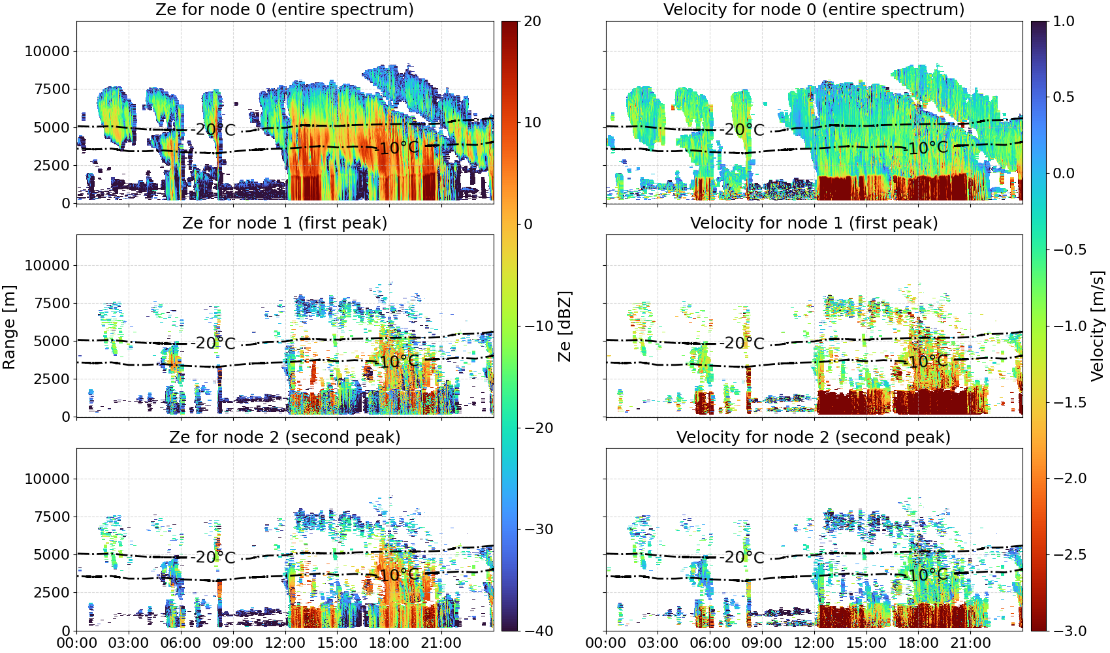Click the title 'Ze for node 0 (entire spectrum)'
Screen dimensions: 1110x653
285,9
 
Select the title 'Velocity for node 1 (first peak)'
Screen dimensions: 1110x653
814,223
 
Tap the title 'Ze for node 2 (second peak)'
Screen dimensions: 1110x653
285,437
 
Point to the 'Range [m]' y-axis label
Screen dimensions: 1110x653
9,327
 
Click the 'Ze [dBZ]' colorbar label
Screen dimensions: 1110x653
565,326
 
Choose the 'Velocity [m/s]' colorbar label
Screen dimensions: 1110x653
1098,326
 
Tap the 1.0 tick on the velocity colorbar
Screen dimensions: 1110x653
1064,22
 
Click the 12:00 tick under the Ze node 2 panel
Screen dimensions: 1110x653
285,643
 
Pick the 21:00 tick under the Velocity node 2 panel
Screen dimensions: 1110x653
970,643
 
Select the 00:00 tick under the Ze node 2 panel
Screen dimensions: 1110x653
77,643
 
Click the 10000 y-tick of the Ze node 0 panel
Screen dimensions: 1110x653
47,51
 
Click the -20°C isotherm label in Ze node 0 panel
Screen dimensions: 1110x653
215,130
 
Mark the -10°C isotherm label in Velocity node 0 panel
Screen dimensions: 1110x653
928,148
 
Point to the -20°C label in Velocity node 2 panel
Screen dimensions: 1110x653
744,558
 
